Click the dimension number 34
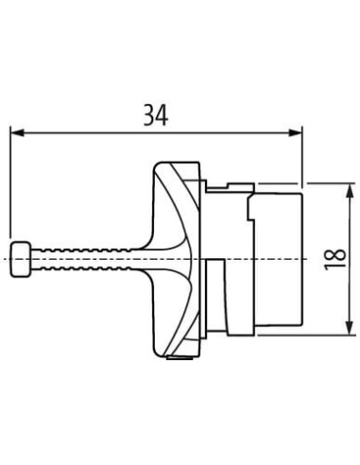(156, 115)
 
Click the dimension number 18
(334, 259)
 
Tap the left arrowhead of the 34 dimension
(17, 132)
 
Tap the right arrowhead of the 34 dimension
(296, 132)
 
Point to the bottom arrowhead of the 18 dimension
(349, 328)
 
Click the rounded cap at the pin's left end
(21, 259)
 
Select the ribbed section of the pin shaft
(81, 259)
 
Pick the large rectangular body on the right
(278, 259)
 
